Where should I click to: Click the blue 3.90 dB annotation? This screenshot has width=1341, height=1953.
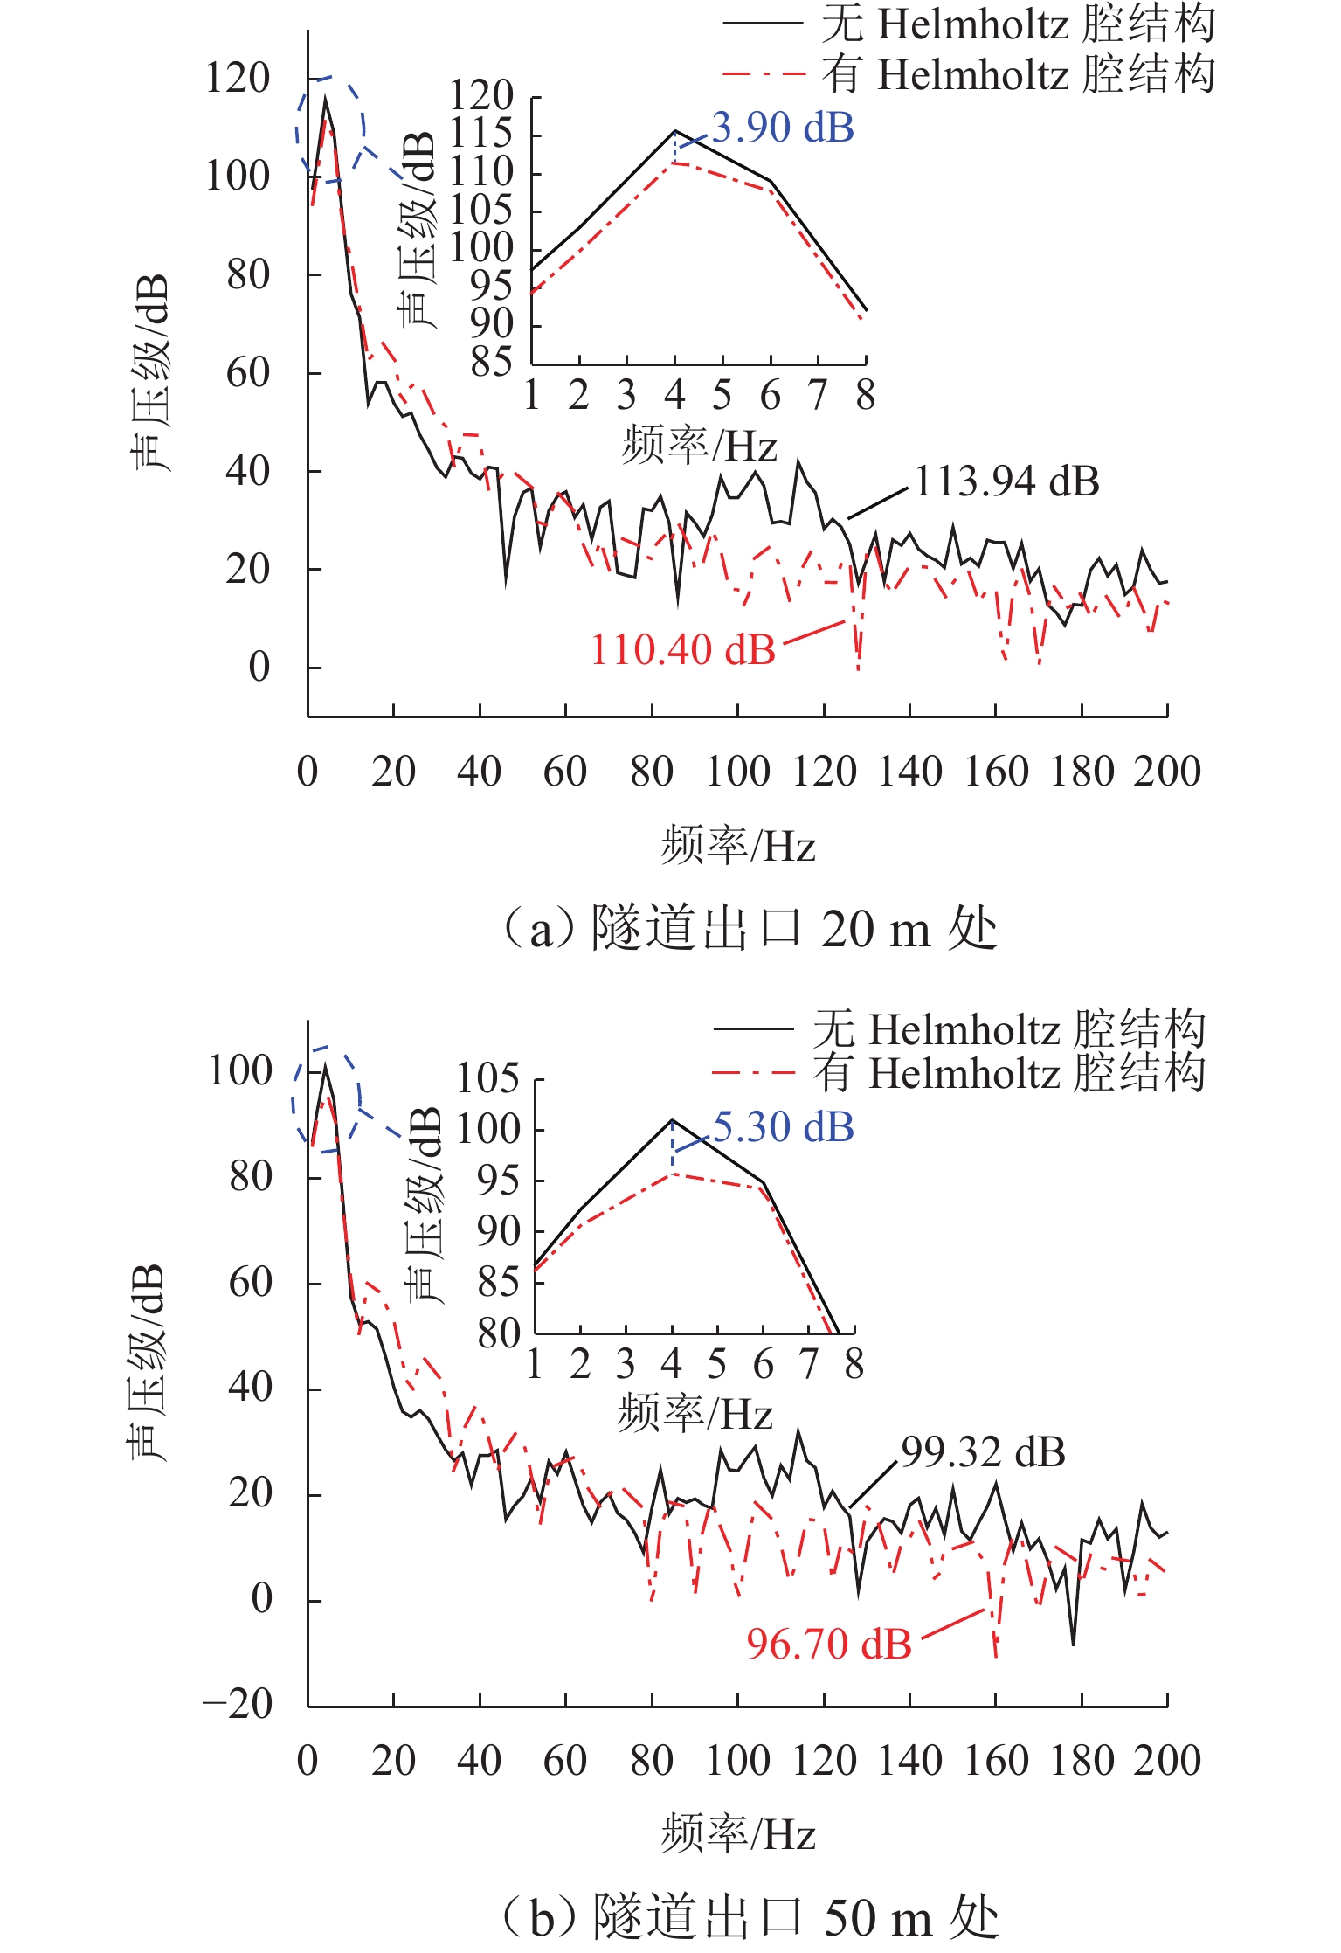click(x=783, y=128)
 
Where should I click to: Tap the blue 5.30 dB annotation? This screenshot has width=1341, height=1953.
click(x=783, y=1127)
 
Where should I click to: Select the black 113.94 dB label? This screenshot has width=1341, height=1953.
click(x=1006, y=481)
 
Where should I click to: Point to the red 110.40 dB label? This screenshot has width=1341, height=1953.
click(x=683, y=650)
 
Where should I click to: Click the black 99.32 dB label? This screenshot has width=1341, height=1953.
click(x=983, y=1452)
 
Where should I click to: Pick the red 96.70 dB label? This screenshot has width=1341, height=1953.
click(x=828, y=1644)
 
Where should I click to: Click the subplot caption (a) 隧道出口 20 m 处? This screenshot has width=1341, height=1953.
click(x=750, y=928)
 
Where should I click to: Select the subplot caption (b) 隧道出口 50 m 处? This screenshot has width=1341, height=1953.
click(x=750, y=1917)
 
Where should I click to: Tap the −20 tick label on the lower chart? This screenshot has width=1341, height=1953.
click(x=238, y=1703)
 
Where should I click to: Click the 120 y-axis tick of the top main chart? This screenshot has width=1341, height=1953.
click(x=238, y=79)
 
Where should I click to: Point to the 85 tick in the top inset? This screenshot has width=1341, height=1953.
click(x=491, y=362)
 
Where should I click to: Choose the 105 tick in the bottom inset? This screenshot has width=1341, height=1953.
click(x=487, y=1079)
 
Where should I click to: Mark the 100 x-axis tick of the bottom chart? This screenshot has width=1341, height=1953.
click(x=737, y=1761)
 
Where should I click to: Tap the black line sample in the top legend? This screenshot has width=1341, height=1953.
click(x=762, y=24)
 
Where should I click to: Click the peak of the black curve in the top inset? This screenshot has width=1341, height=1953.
click(x=674, y=131)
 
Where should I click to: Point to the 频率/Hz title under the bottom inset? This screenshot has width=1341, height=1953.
click(x=695, y=1413)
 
